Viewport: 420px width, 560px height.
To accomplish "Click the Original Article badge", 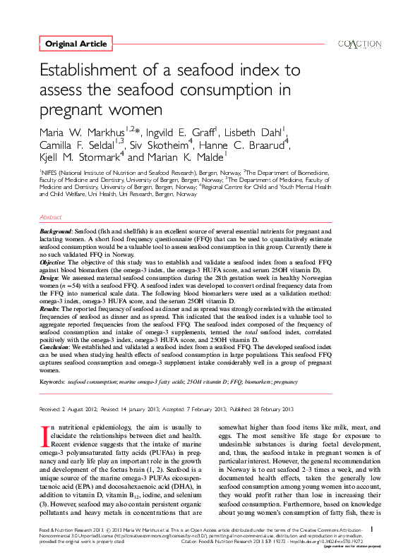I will (76, 44).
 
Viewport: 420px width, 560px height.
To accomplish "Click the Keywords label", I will (55, 381).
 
